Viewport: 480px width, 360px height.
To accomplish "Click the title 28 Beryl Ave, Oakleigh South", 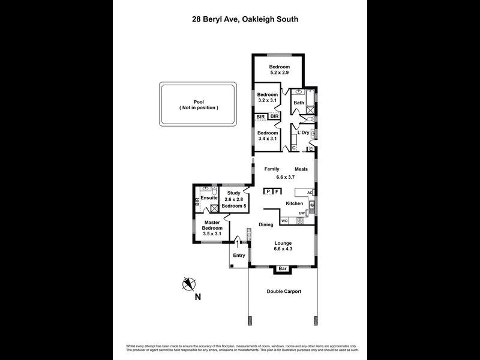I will tap(241, 19).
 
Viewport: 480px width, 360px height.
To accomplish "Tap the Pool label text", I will tap(199, 102).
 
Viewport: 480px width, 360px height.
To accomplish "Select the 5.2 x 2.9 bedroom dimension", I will tap(279, 73).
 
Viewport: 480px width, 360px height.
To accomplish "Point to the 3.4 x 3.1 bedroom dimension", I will tap(268, 139).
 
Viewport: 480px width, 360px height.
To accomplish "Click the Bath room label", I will tap(299, 103).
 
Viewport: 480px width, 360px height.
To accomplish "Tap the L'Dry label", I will tap(303, 133).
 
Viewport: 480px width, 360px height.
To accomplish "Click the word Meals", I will tap(301, 169).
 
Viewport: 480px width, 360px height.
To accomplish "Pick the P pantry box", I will tap(268, 191).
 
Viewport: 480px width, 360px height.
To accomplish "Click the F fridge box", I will tap(277, 191).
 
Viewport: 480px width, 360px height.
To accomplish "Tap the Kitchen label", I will tap(294, 204).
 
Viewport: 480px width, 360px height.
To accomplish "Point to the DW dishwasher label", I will tap(302, 214).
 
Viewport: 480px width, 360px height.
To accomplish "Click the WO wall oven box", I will tap(285, 221).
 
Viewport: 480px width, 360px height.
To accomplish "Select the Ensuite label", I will tap(209, 197).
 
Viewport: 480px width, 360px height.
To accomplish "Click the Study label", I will tap(233, 193).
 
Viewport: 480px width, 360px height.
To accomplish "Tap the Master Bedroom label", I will tap(212, 225).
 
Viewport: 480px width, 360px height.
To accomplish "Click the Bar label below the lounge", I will tap(282, 268).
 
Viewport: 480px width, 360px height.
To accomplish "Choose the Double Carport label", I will tap(284, 292).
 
